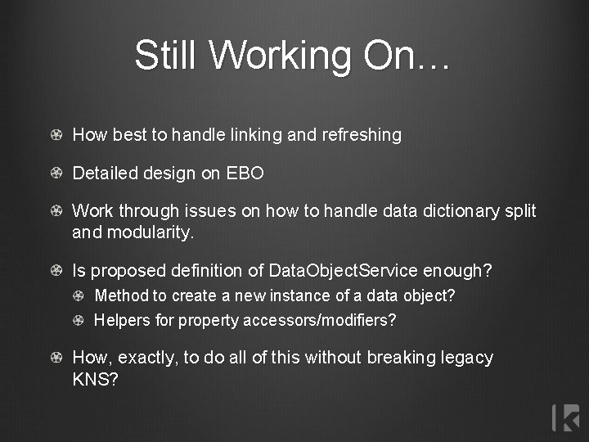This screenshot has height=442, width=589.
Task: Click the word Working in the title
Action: click(269, 56)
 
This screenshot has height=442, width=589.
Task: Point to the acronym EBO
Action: click(245, 174)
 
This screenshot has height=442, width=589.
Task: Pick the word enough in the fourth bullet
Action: click(462, 270)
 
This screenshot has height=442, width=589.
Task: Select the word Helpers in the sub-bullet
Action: click(123, 320)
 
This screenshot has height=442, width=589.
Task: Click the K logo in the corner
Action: click(565, 417)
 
